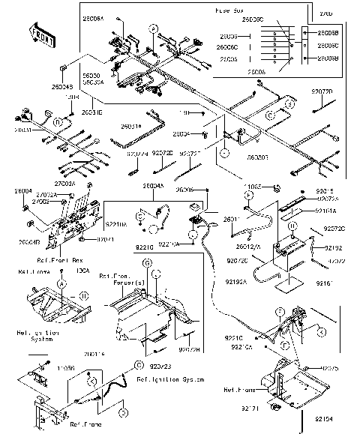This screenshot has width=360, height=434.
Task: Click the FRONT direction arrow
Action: tap(41, 33)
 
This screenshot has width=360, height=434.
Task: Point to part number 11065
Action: tap(251, 183)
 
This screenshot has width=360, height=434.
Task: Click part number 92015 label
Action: tap(326, 191)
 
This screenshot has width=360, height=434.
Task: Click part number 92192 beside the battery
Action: tap(333, 247)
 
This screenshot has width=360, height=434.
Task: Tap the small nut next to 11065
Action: tap(276, 186)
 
